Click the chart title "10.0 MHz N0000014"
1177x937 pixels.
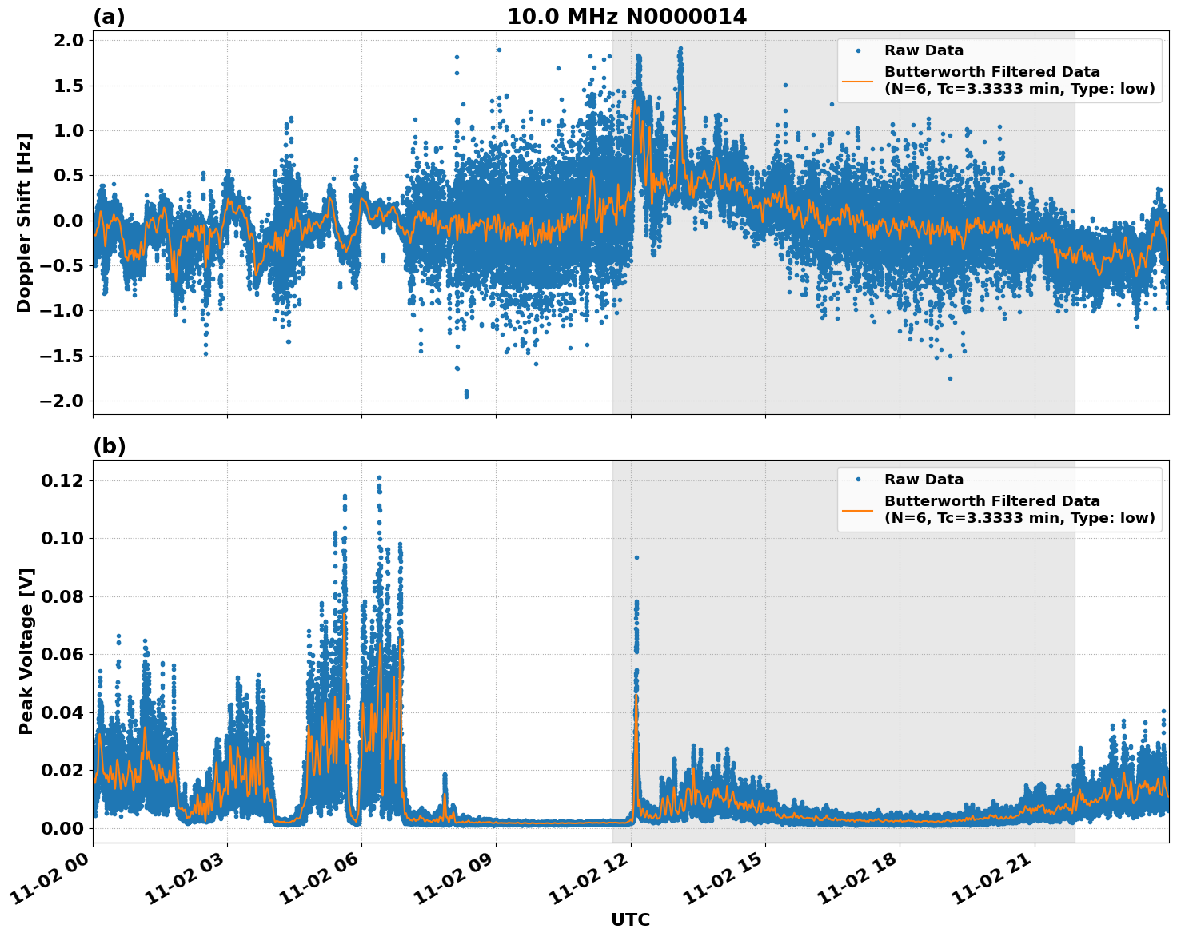[626, 17]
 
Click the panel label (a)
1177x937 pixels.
[109, 17]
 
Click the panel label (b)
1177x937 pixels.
[109, 446]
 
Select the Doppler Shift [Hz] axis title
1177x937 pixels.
[24, 222]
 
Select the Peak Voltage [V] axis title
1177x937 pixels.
[26, 651]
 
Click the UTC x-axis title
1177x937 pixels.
[630, 919]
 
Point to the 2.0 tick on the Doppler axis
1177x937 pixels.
[68, 41]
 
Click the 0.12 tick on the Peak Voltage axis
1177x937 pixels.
[62, 480]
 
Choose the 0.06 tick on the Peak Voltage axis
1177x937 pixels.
[62, 654]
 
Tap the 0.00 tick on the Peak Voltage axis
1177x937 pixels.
[62, 827]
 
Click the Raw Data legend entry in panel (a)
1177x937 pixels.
[924, 50]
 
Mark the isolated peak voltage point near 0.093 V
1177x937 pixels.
[636, 557]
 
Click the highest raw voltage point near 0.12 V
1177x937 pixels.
[379, 478]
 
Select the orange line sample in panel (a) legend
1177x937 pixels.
[857, 80]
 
